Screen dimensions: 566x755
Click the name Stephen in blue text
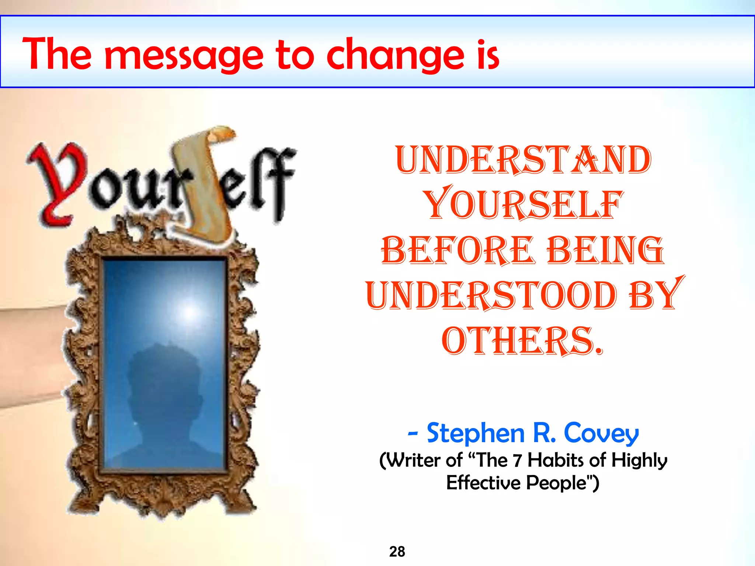tap(476, 433)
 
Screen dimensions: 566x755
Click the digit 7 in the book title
tap(518, 461)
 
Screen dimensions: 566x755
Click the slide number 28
tap(397, 552)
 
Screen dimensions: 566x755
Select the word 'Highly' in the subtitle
tap(639, 461)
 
